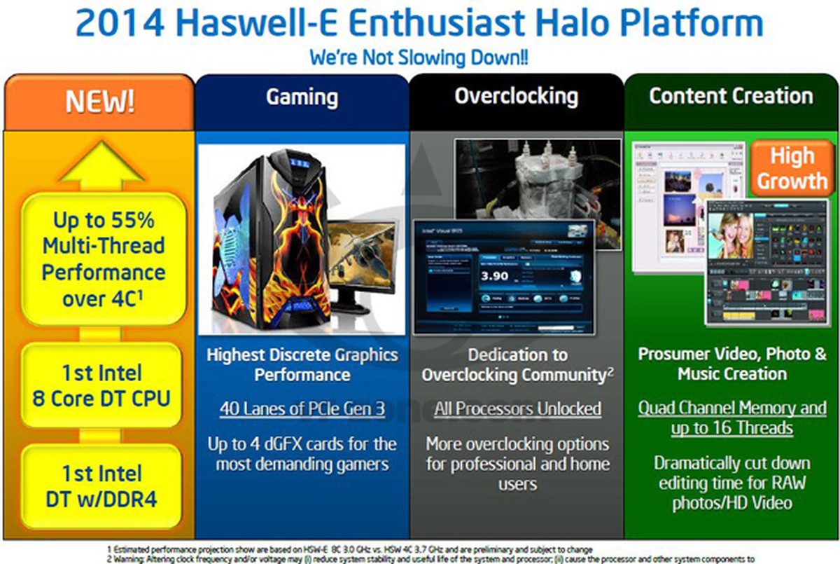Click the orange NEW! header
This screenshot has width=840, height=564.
[99, 102]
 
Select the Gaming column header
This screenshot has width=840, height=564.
[302, 97]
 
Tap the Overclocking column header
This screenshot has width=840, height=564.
[516, 96]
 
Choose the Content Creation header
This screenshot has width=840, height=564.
[731, 96]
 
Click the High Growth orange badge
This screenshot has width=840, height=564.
[792, 169]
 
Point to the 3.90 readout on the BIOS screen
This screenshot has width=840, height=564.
[496, 275]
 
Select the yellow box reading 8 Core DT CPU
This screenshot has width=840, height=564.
[101, 385]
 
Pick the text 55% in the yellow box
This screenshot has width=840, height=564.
[137, 220]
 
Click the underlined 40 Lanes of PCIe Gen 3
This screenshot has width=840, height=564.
[302, 408]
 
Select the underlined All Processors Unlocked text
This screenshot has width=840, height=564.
[517, 408]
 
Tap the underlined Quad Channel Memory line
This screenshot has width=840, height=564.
[732, 408]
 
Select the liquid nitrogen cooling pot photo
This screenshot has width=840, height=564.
[537, 179]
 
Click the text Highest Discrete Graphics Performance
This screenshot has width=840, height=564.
[302, 364]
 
